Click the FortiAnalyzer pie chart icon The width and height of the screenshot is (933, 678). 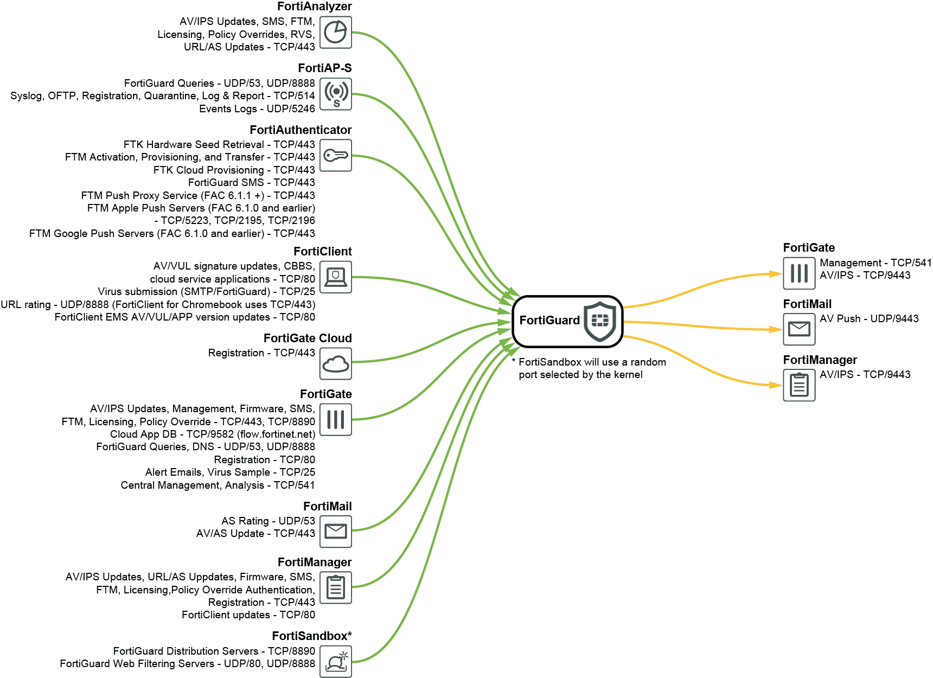[335, 33]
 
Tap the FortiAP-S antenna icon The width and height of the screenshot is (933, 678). [335, 94]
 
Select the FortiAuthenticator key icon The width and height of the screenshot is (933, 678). [335, 156]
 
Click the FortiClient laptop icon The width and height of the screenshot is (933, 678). [335, 277]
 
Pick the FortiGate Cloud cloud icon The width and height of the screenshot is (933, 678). [335, 363]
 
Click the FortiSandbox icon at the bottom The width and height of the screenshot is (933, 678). [335, 661]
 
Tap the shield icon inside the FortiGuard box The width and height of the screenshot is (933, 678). [599, 321]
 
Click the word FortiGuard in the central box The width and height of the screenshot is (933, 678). [549, 321]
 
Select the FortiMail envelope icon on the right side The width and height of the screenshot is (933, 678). [798, 329]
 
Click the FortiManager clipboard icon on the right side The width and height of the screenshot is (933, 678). [798, 385]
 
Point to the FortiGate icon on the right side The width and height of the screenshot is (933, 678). [798, 273]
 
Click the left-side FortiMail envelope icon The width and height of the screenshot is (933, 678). [335, 532]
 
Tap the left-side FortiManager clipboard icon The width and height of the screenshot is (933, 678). [335, 587]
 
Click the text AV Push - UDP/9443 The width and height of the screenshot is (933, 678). [869, 319]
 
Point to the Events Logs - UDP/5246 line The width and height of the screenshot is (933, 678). [257, 109]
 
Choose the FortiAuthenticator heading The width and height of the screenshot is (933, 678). [300, 130]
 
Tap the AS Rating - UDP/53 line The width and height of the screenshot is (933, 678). [267, 521]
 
